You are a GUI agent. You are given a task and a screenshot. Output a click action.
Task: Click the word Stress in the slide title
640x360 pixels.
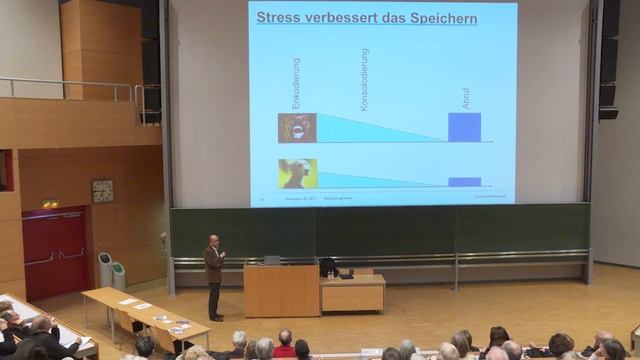(x=279, y=17)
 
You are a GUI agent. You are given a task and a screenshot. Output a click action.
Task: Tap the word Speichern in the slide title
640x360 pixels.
(x=438, y=17)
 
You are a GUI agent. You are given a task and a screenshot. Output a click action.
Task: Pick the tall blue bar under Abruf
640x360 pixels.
(x=464, y=127)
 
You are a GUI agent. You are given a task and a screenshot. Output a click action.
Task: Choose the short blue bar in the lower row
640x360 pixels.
(x=464, y=182)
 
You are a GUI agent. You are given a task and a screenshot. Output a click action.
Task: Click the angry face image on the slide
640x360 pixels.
(x=297, y=128)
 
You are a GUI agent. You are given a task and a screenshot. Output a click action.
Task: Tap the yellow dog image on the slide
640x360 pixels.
(x=297, y=173)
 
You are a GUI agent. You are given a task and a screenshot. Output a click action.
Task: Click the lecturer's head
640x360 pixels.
(x=213, y=241)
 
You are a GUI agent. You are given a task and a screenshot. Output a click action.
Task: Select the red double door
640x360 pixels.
(x=56, y=253)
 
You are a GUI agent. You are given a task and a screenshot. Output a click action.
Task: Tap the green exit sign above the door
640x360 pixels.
(x=50, y=204)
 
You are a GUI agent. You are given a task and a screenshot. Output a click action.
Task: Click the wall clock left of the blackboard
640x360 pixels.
(x=103, y=190)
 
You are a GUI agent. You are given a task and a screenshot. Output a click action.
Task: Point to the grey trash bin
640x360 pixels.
(x=105, y=269)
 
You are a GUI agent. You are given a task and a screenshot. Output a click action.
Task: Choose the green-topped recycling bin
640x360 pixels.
(x=119, y=275)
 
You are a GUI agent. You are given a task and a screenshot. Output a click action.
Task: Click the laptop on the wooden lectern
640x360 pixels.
(x=271, y=260)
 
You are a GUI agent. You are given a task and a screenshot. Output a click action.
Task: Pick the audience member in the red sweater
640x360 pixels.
(x=285, y=347)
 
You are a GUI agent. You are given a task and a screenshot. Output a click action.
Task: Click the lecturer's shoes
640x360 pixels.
(x=214, y=317)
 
